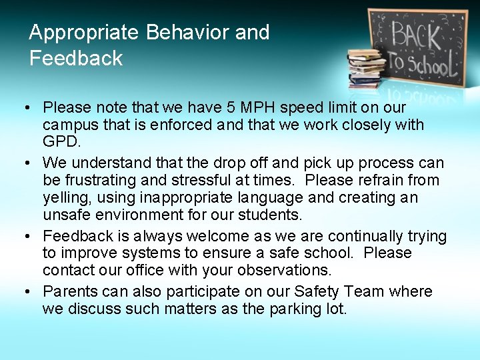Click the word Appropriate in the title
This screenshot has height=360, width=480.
point(83,33)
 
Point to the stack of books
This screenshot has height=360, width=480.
point(366,67)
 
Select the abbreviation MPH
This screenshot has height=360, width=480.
point(245,107)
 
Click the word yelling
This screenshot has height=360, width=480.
point(65,197)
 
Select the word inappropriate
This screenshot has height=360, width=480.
point(181,197)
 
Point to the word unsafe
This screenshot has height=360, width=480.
point(65,215)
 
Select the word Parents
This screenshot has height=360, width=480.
point(69,291)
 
